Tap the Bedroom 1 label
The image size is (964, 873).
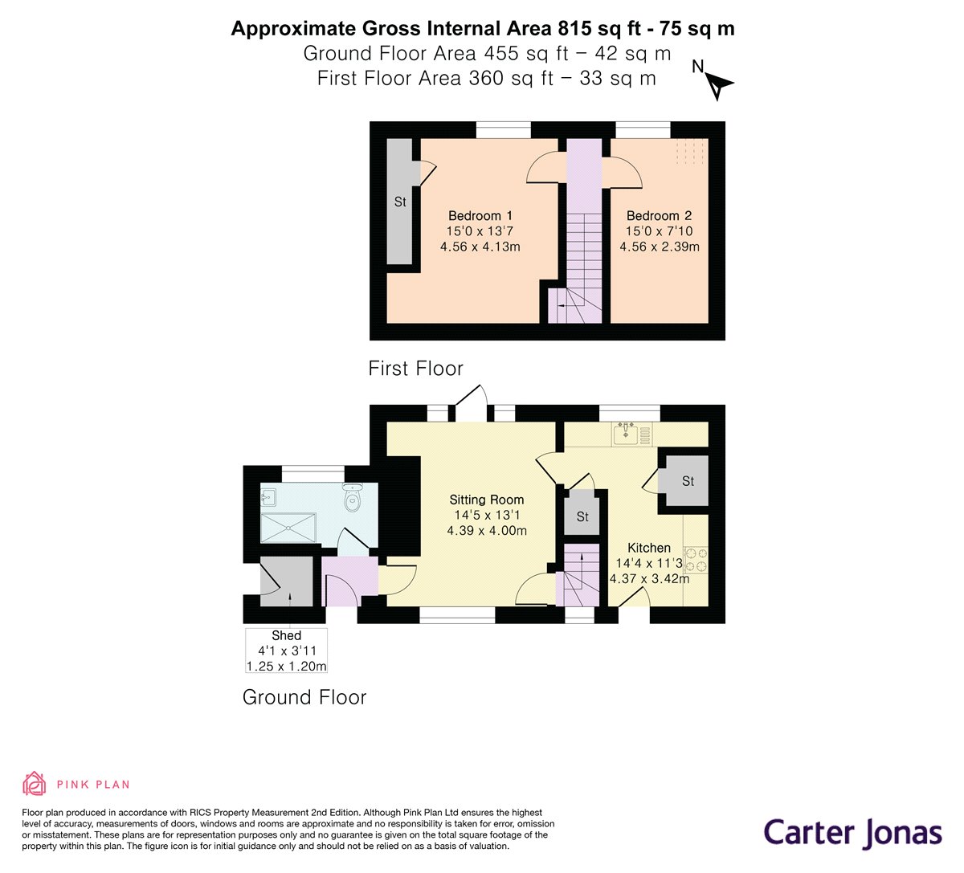coord(480,215)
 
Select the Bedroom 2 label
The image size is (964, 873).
coord(659,215)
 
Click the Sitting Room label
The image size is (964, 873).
coord(487,500)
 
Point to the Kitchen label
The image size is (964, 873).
coord(648,548)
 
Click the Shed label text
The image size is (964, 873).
coord(286,635)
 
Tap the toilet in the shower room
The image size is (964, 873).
coord(352,499)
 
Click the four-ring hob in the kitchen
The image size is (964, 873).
coord(696,560)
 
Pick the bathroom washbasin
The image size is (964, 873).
coord(268,497)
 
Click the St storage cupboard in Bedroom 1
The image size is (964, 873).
coord(399,202)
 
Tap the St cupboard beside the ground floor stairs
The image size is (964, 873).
coord(582,516)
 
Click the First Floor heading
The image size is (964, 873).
coord(415,369)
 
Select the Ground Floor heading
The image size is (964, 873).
coord(304,697)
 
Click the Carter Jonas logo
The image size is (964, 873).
coord(852,832)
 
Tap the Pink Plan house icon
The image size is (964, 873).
coord(34,783)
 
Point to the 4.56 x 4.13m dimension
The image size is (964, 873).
coord(480,247)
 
